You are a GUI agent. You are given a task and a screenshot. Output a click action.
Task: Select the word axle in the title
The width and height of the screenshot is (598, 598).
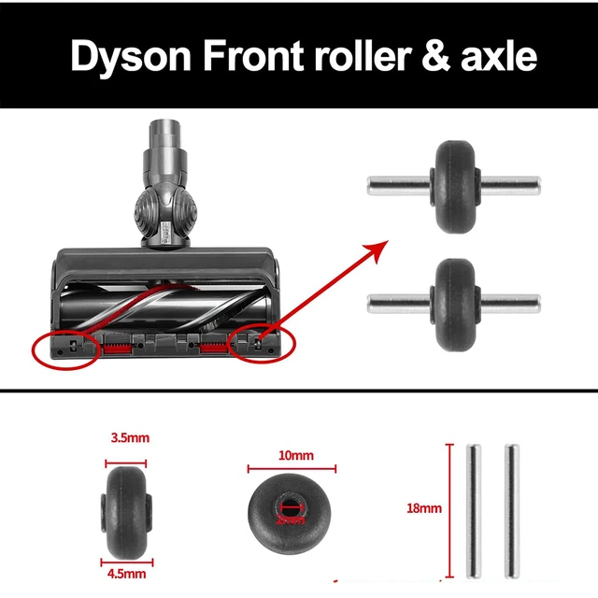coord(500,55)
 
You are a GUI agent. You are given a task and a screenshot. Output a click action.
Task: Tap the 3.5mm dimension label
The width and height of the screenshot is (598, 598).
coord(128,437)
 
